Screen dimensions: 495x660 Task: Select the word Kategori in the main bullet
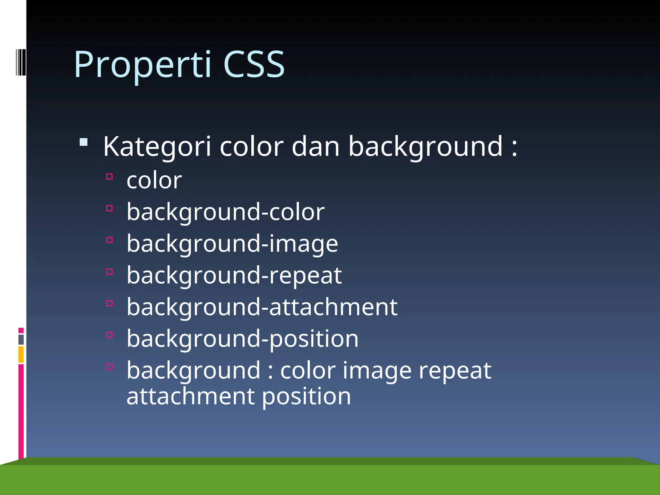pyautogui.click(x=157, y=147)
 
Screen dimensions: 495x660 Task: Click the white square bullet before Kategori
pyautogui.click(x=83, y=142)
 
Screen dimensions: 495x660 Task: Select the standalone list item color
pyautogui.click(x=154, y=180)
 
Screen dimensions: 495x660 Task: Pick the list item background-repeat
pyautogui.click(x=234, y=276)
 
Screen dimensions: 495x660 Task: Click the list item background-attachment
pyautogui.click(x=262, y=307)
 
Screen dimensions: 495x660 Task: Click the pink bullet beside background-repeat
pyautogui.click(x=110, y=272)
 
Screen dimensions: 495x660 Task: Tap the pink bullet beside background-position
pyautogui.click(x=110, y=335)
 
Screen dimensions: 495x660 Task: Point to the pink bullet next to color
pyautogui.click(x=110, y=177)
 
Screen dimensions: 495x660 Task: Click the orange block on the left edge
pyautogui.click(x=21, y=354)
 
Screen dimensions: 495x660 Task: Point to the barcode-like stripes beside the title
pyautogui.click(x=21, y=62)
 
